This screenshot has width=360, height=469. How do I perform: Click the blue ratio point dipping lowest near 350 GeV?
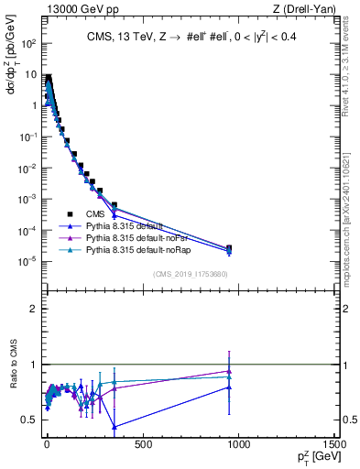(114, 427)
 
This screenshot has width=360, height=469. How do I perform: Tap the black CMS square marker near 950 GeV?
(229, 248)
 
